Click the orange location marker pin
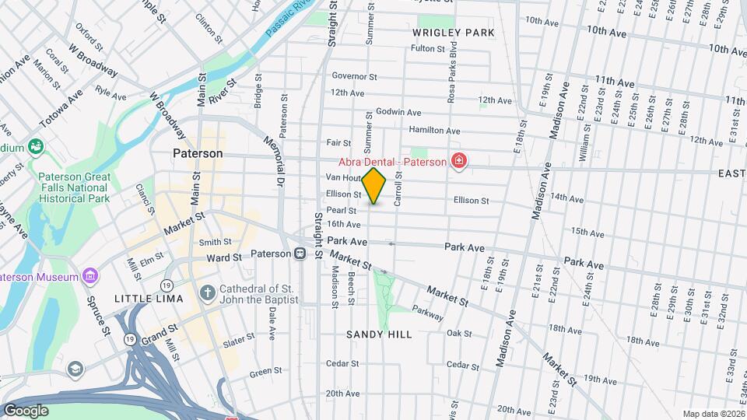(x=374, y=186)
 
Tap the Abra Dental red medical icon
(x=460, y=162)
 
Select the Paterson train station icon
(x=300, y=254)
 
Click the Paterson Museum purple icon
(x=90, y=276)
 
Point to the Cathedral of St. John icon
(x=207, y=293)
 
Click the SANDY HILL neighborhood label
(x=379, y=334)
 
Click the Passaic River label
(x=288, y=18)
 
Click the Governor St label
(x=354, y=76)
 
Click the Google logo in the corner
(x=25, y=410)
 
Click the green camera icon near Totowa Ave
(x=34, y=146)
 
